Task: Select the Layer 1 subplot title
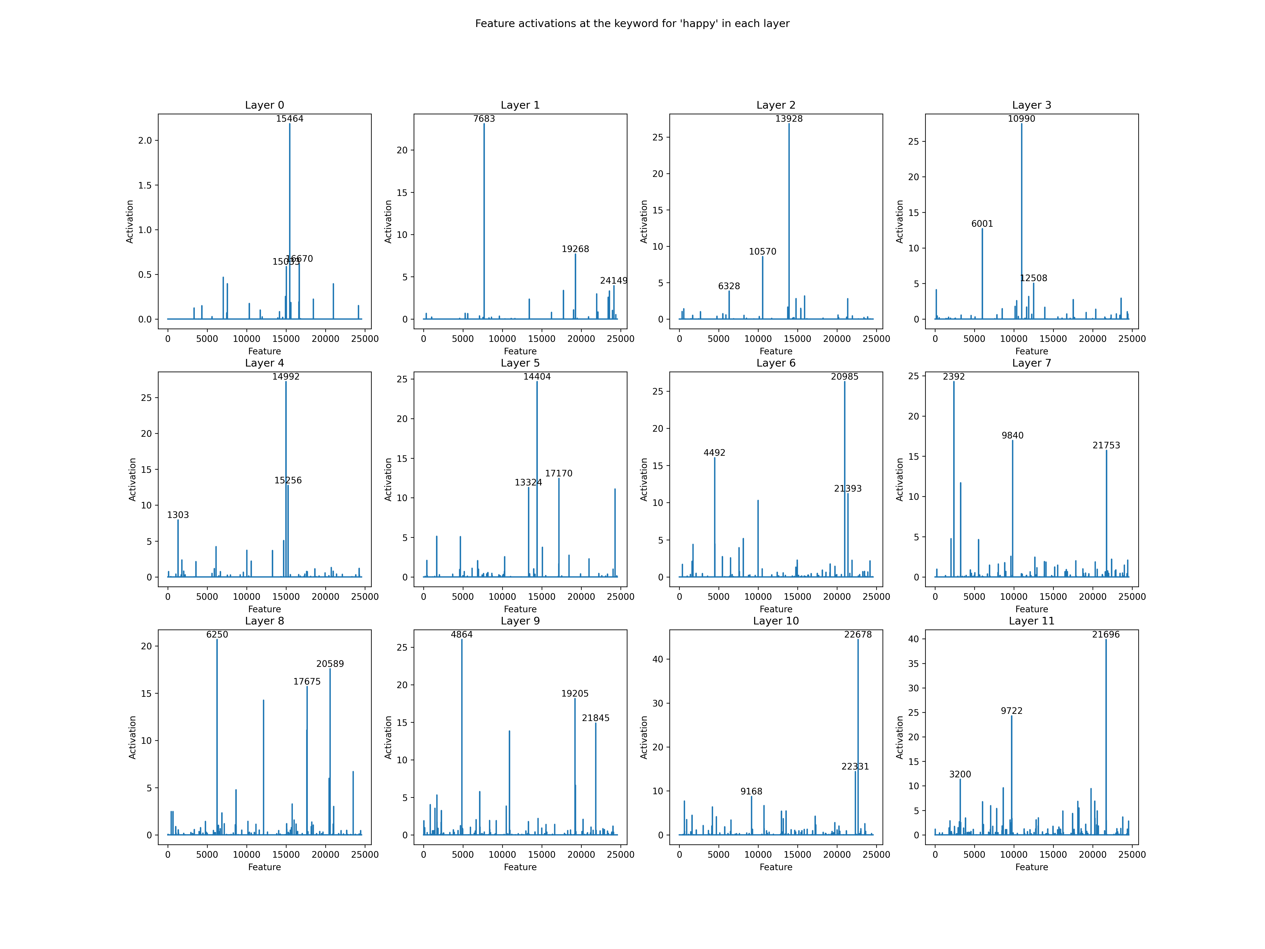(x=520, y=105)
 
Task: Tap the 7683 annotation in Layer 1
(x=484, y=119)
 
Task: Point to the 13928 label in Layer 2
(x=789, y=119)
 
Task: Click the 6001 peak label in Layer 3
(x=982, y=224)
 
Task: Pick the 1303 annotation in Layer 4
(x=178, y=515)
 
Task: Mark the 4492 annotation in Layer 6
(x=714, y=453)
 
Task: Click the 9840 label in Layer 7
(x=1012, y=435)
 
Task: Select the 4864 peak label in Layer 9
(x=462, y=634)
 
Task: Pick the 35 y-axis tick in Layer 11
(x=913, y=663)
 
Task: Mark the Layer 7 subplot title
(x=1031, y=363)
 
